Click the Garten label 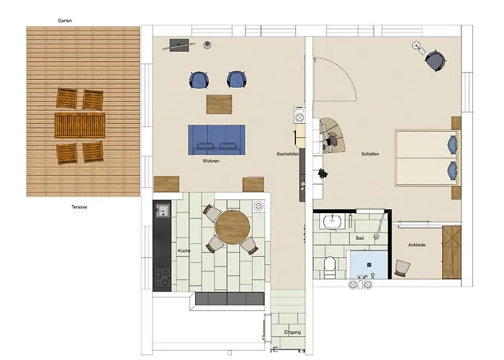coord(65,21)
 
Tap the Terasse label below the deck coord(79,207)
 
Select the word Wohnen coord(211,161)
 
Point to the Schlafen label coord(370,154)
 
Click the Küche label coord(184,251)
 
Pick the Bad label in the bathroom coord(360,238)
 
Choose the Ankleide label coord(417,245)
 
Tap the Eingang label coord(292,333)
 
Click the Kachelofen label coord(288,154)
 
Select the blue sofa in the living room coord(217,140)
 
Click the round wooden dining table coord(233,228)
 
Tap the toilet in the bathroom coord(330,267)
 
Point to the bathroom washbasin coord(333,221)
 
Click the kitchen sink coord(163,210)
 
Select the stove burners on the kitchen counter coord(162,278)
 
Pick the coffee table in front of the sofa coord(219,104)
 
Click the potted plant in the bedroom coord(323,174)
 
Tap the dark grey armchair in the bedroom coord(436,60)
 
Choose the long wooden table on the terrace coord(80,125)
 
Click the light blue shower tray coord(369,265)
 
